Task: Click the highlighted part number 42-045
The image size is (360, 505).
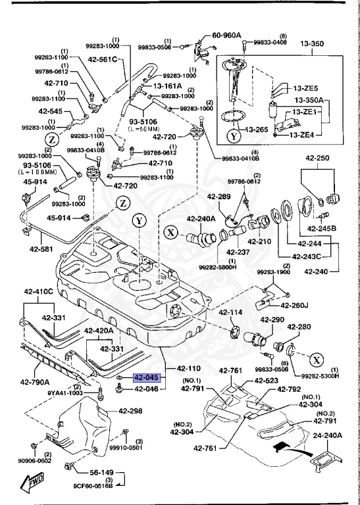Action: pyautogui.click(x=145, y=378)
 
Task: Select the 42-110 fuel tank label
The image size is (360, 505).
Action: pyautogui.click(x=188, y=369)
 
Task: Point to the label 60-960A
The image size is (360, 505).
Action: pyautogui.click(x=225, y=36)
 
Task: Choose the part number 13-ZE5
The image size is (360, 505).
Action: pyautogui.click(x=305, y=88)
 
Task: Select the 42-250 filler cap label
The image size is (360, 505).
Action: pyautogui.click(x=316, y=158)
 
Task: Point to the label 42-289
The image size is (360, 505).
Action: pyautogui.click(x=219, y=196)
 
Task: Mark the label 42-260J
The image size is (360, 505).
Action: pyautogui.click(x=294, y=304)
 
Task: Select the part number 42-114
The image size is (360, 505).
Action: pyautogui.click(x=231, y=312)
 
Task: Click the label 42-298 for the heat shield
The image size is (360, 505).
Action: pyautogui.click(x=130, y=412)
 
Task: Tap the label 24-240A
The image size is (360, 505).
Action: pyautogui.click(x=331, y=435)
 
